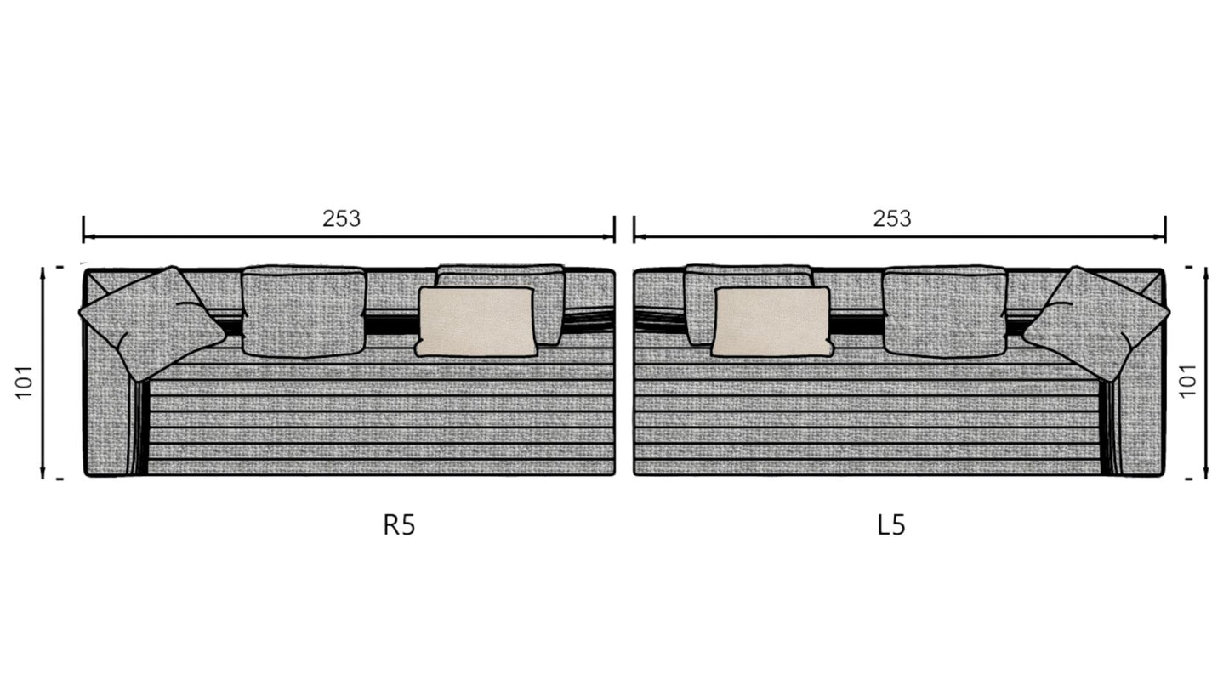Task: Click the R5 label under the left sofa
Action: (x=399, y=524)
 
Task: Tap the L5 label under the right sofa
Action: (x=891, y=524)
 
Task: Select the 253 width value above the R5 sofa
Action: (x=341, y=218)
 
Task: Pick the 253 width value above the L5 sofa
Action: (x=892, y=218)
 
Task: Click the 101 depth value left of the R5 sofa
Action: (x=25, y=382)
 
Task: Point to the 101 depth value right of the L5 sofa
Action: (x=1188, y=380)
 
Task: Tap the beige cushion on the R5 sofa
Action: (x=476, y=322)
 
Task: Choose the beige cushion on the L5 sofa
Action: (x=772, y=322)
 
